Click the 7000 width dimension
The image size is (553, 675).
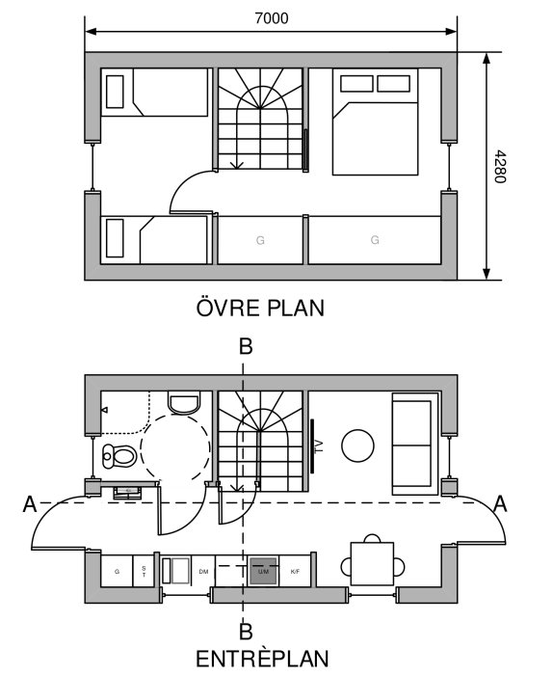pyautogui.click(x=270, y=17)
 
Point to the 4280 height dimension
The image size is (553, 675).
pyautogui.click(x=498, y=167)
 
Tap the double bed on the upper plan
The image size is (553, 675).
pyautogui.click(x=376, y=122)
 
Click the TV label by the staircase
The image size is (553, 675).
pyautogui.click(x=318, y=446)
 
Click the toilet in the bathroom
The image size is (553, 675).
pyautogui.click(x=119, y=456)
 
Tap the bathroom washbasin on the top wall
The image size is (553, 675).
pyautogui.click(x=183, y=402)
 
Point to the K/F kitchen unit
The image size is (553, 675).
pyautogui.click(x=295, y=572)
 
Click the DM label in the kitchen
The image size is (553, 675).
pyautogui.click(x=203, y=572)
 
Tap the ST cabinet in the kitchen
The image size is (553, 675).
pyautogui.click(x=144, y=571)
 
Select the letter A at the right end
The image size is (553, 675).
pyautogui.click(x=499, y=502)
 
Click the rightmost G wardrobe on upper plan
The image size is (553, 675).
pyautogui.click(x=375, y=240)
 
